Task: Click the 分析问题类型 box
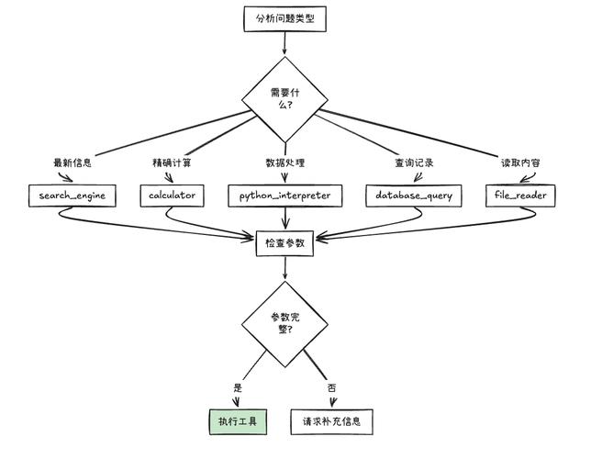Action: [284, 17]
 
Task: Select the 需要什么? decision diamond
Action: [284, 98]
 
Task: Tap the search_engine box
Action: [72, 196]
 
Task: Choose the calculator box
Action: [173, 196]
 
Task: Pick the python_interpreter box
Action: [284, 196]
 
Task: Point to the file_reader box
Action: [520, 196]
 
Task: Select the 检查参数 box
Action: [284, 244]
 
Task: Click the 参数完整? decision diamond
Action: [284, 322]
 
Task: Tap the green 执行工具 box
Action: [237, 422]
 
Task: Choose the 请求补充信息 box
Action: [332, 422]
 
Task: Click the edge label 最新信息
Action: [72, 162]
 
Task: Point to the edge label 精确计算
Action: [172, 162]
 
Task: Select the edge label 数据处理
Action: [284, 162]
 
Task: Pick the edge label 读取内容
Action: [520, 162]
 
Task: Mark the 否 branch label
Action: [332, 387]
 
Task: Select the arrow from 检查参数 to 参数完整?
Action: [284, 268]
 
